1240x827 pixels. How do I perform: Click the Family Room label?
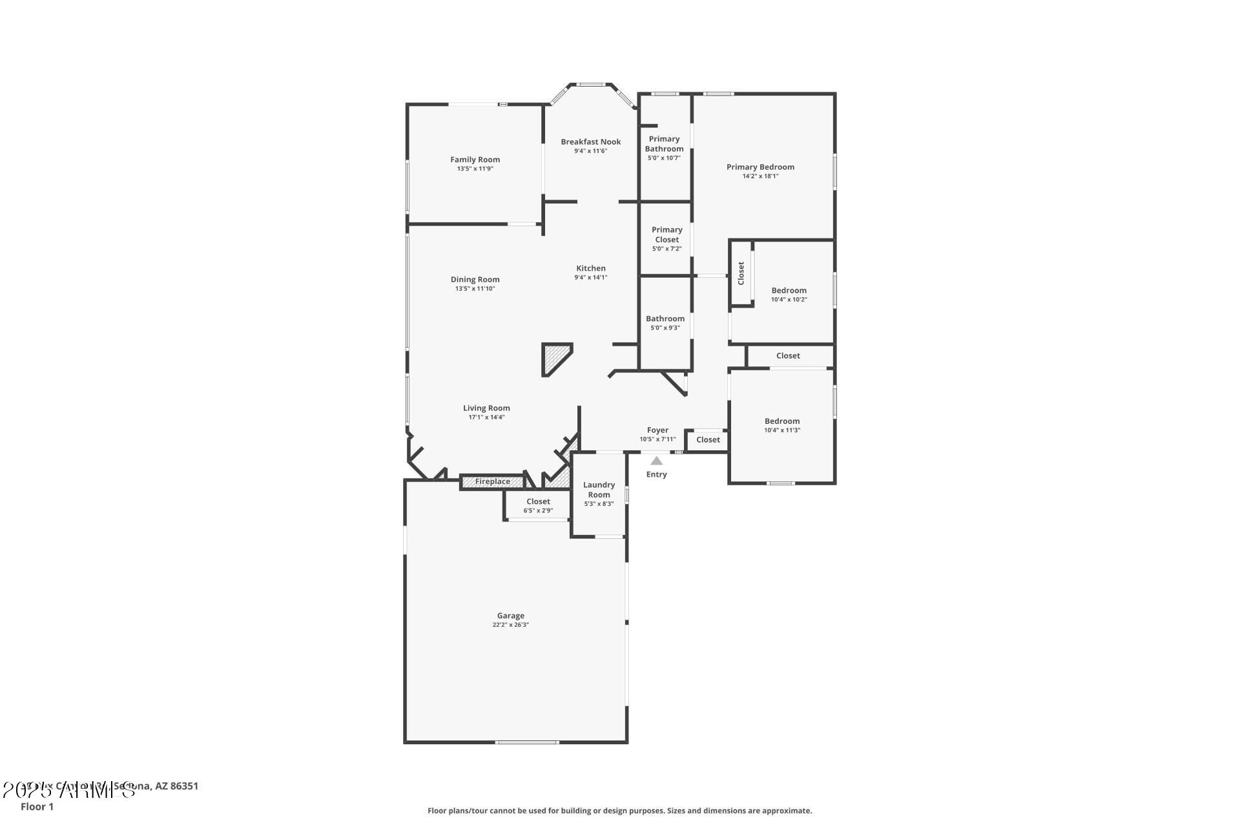[475, 160]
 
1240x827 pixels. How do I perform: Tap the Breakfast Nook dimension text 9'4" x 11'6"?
[590, 151]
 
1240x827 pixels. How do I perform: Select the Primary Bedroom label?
[760, 167]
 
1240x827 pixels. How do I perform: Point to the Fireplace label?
[492, 481]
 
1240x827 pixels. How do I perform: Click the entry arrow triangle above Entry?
[656, 461]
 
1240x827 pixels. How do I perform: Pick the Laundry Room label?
[599, 490]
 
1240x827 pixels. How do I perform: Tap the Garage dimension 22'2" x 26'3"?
[510, 625]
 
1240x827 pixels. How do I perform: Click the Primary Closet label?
[666, 235]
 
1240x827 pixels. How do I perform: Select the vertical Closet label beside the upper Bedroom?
[741, 273]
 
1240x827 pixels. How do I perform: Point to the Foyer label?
[657, 430]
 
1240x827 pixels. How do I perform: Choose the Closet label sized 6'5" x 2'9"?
[538, 501]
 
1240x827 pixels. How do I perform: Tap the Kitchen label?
[590, 268]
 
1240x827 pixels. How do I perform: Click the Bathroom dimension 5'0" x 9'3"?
[665, 328]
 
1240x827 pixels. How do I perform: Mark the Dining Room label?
[475, 280]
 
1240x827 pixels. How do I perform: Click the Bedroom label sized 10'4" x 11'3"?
[781, 421]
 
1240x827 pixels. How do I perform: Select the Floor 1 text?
[37, 806]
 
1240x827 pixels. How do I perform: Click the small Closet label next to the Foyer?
[708, 439]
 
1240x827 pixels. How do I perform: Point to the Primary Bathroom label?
[664, 143]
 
